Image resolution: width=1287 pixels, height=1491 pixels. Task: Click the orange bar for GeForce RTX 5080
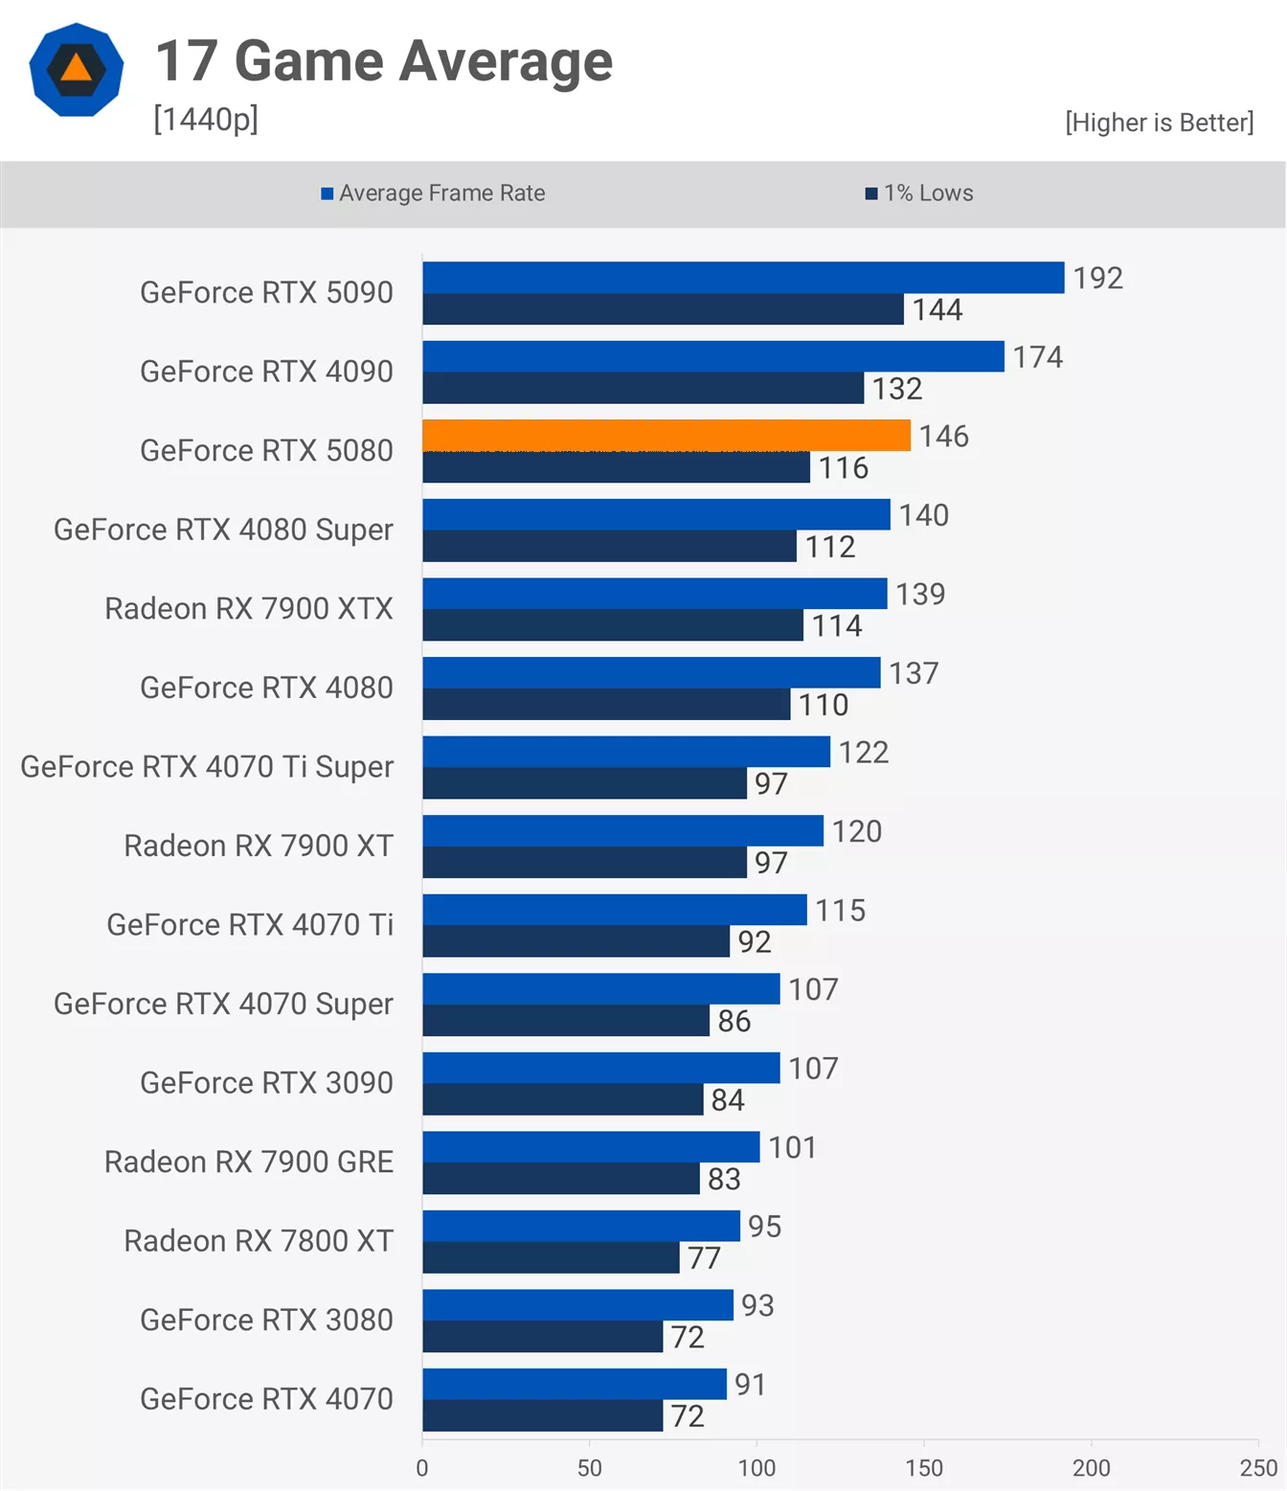pos(666,435)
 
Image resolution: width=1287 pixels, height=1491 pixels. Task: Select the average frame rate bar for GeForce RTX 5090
pos(743,278)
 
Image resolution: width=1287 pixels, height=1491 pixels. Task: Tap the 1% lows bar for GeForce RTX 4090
pos(643,388)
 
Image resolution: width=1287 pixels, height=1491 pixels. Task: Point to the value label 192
pos(1097,279)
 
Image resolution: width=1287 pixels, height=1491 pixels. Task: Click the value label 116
pos(843,468)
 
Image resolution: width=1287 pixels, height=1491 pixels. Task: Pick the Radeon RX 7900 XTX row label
pos(249,608)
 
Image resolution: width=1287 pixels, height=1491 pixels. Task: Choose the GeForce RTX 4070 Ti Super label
pos(207,766)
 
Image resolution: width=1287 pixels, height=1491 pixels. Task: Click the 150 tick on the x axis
pos(924,1468)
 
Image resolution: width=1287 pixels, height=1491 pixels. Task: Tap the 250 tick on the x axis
pos(1258,1468)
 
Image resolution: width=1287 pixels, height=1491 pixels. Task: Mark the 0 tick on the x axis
pos(422,1468)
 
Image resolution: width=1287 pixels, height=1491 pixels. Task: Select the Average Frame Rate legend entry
pos(433,193)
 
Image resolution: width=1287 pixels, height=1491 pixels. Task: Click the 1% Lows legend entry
pos(919,193)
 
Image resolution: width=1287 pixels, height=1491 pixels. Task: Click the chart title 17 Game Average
pos(384,61)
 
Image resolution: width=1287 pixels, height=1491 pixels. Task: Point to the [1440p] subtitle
pos(206,120)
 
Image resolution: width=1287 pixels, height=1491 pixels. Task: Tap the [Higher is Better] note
pos(1159,123)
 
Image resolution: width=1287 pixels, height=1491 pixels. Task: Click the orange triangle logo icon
pos(77,69)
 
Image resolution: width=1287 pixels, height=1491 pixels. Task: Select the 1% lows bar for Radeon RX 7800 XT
pos(551,1257)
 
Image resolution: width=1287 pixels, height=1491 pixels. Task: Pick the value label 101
pos(792,1147)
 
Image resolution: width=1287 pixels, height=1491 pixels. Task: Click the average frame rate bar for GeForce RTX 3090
pos(601,1068)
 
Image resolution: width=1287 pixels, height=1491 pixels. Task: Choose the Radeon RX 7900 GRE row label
pos(249,1162)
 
